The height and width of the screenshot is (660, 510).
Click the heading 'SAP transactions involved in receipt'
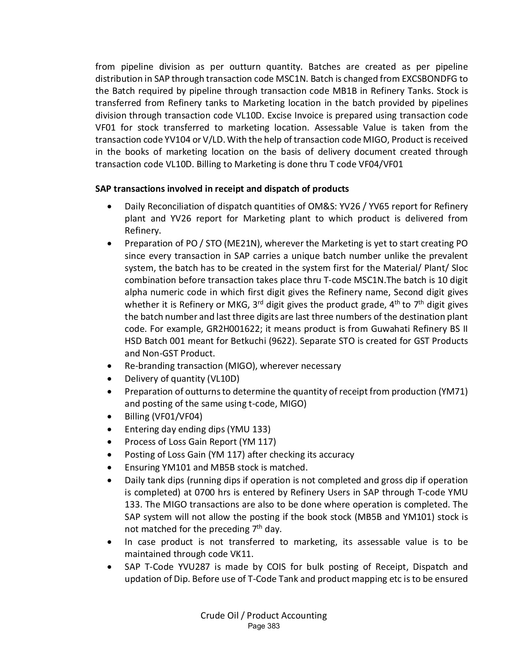click(x=222, y=189)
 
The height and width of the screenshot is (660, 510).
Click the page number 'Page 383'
click(x=264, y=626)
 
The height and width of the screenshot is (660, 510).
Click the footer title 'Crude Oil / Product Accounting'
click(x=264, y=615)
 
